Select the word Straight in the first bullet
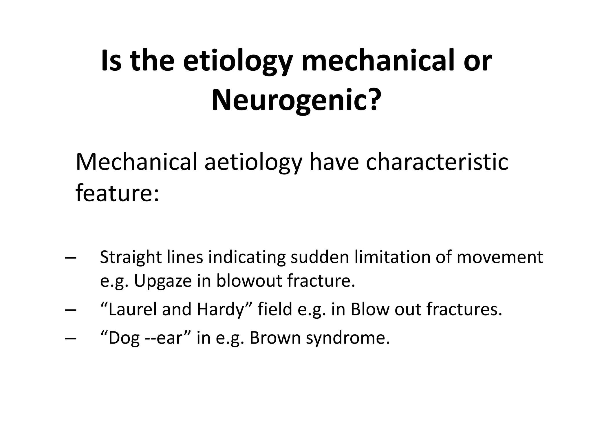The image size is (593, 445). (131, 258)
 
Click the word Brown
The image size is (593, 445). (275, 338)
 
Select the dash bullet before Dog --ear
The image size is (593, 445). (71, 338)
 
